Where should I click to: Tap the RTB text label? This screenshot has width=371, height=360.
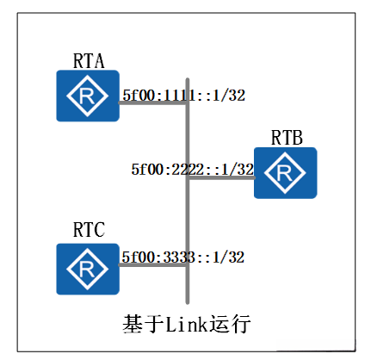[x=286, y=137]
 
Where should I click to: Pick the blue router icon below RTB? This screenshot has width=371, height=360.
[x=285, y=172]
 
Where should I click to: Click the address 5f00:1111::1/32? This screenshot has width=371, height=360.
[x=183, y=96]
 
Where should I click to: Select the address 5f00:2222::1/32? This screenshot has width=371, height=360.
[x=192, y=170]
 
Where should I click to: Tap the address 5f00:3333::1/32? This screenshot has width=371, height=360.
[x=183, y=258]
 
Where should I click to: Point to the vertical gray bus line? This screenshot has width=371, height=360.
[x=187, y=215]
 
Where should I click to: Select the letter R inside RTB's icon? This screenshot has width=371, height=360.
[x=285, y=172]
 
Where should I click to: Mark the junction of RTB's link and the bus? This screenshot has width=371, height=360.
[x=187, y=179]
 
